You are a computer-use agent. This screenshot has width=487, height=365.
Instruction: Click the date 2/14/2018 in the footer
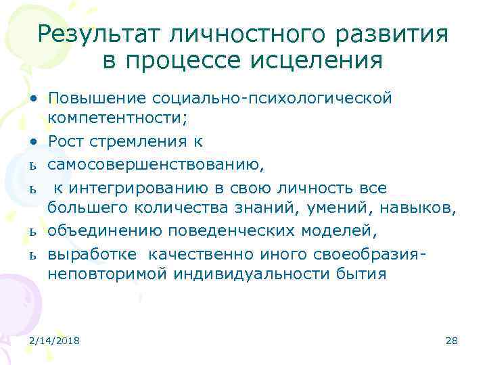click(55, 341)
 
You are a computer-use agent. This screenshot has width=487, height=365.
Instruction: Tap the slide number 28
click(452, 341)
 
